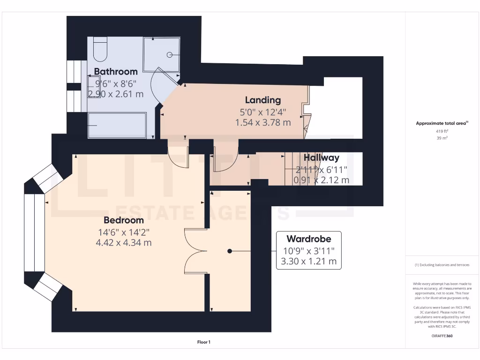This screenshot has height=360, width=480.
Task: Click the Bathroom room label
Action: point(116,72)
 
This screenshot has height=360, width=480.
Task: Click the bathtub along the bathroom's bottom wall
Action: point(117,125)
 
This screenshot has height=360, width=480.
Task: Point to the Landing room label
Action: point(263,100)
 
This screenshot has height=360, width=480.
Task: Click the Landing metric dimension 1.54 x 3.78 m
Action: point(263,122)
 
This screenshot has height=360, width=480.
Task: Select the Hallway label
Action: point(321,158)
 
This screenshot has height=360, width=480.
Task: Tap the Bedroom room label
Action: point(124,220)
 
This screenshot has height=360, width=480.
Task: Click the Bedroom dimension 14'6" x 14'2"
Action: point(124,232)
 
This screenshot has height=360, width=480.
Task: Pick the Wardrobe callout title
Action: point(308,239)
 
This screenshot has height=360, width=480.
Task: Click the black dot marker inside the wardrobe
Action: point(230,251)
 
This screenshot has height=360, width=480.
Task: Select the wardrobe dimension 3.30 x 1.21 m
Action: point(308,262)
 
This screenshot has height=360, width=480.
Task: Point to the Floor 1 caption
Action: point(203,343)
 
